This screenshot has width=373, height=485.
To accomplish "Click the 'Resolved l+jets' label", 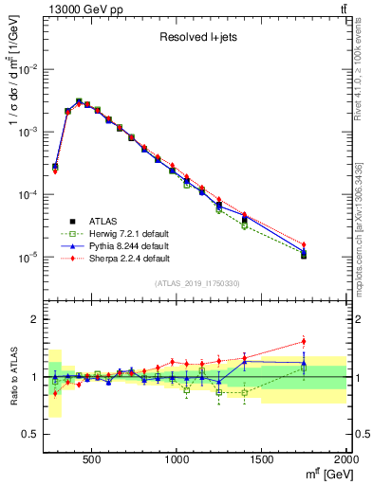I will pos(196,38).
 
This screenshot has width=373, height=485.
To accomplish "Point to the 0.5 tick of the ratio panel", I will pos(32,433).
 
